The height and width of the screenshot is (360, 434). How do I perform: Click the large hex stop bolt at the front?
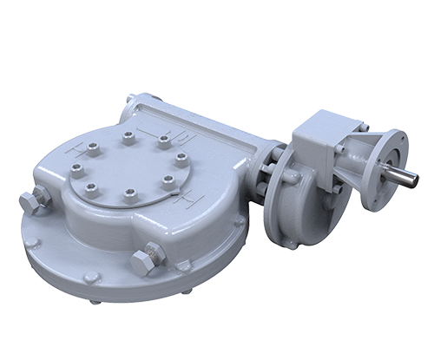pyautogui.click(x=146, y=261)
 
